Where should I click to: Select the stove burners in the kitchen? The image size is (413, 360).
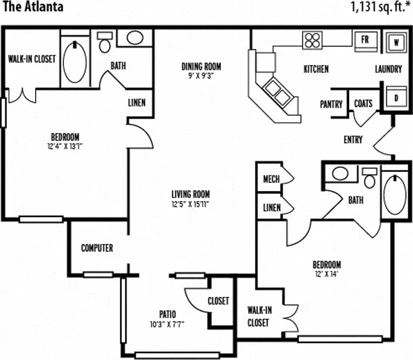(312, 41)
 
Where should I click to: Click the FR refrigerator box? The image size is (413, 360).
(365, 40)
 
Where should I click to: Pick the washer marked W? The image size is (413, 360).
(396, 43)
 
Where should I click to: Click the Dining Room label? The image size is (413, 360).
(201, 66)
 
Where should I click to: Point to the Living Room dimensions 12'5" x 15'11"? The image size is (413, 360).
(191, 204)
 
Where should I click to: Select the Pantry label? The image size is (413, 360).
(331, 104)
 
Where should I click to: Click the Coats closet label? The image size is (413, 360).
(363, 104)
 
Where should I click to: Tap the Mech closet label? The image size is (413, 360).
(271, 179)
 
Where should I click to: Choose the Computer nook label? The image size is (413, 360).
(97, 248)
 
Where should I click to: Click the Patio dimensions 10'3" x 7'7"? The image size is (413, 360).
(167, 324)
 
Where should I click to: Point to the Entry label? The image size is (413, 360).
(353, 140)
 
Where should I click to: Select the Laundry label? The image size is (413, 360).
(388, 69)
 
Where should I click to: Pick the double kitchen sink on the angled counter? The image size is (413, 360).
(277, 92)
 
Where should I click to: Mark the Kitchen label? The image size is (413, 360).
(316, 69)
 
